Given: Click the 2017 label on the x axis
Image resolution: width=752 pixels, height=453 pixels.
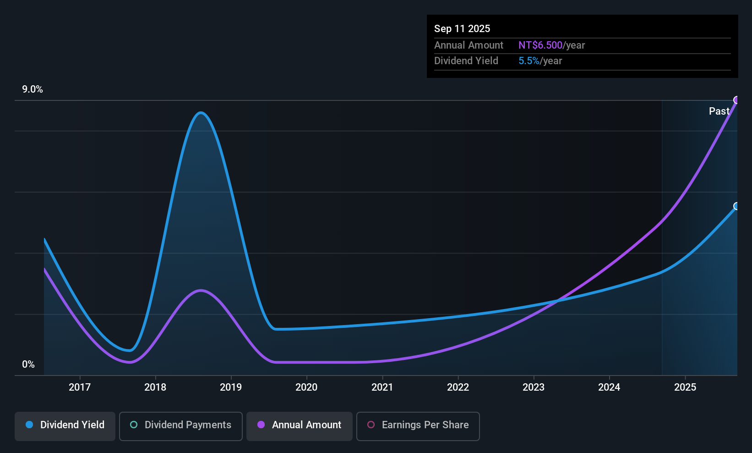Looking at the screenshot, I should [x=80, y=387].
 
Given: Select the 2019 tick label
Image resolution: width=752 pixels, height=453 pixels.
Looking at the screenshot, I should [x=231, y=387].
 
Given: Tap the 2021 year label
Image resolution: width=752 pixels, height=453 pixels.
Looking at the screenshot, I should [x=382, y=387].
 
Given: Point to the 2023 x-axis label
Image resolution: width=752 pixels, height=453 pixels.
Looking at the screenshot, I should [x=534, y=387].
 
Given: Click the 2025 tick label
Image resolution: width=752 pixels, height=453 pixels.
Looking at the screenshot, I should [x=685, y=387].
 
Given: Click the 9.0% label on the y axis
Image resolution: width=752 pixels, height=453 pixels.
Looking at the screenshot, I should [x=33, y=89].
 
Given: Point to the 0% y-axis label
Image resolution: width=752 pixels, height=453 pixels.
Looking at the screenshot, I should [x=28, y=365].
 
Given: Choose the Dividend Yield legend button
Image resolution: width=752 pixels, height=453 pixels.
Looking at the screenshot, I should [x=65, y=425].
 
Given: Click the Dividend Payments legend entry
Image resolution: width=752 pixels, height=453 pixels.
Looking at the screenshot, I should [x=181, y=425].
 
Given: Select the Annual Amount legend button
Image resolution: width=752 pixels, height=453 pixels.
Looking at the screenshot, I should [x=300, y=425].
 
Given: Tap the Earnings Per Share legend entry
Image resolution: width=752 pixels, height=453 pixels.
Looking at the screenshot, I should [x=418, y=425].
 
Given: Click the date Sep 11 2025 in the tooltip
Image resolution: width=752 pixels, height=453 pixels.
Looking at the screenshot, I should [x=462, y=28].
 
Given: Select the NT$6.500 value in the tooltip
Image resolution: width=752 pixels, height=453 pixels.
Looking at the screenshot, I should [x=540, y=45].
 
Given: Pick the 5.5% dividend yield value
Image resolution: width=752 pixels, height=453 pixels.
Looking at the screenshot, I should [x=529, y=61].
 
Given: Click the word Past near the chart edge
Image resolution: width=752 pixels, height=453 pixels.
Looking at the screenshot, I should [x=719, y=111].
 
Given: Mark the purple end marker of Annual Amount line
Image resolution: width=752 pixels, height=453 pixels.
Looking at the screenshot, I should [x=736, y=100].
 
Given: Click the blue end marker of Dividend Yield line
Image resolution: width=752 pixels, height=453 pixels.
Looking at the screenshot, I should [x=736, y=206].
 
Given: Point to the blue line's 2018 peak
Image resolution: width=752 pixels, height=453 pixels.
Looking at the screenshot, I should [x=201, y=113].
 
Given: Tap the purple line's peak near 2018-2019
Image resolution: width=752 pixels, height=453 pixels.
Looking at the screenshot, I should [x=201, y=290].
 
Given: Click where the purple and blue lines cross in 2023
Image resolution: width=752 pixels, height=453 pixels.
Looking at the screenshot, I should [x=558, y=301].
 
